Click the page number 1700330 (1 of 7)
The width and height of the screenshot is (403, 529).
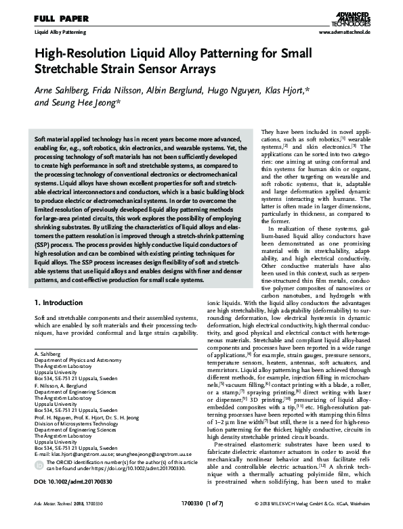tap(201, 522)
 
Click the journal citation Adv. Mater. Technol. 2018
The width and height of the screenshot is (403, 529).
tap(62, 522)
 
